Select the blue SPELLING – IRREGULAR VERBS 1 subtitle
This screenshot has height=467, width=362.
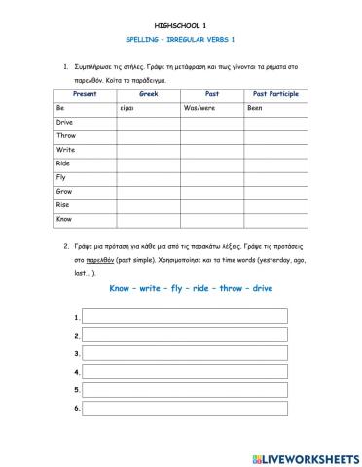[180, 43]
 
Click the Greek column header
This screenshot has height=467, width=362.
[149, 94]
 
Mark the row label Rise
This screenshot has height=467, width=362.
[63, 205]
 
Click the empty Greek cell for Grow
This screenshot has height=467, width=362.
[149, 192]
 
